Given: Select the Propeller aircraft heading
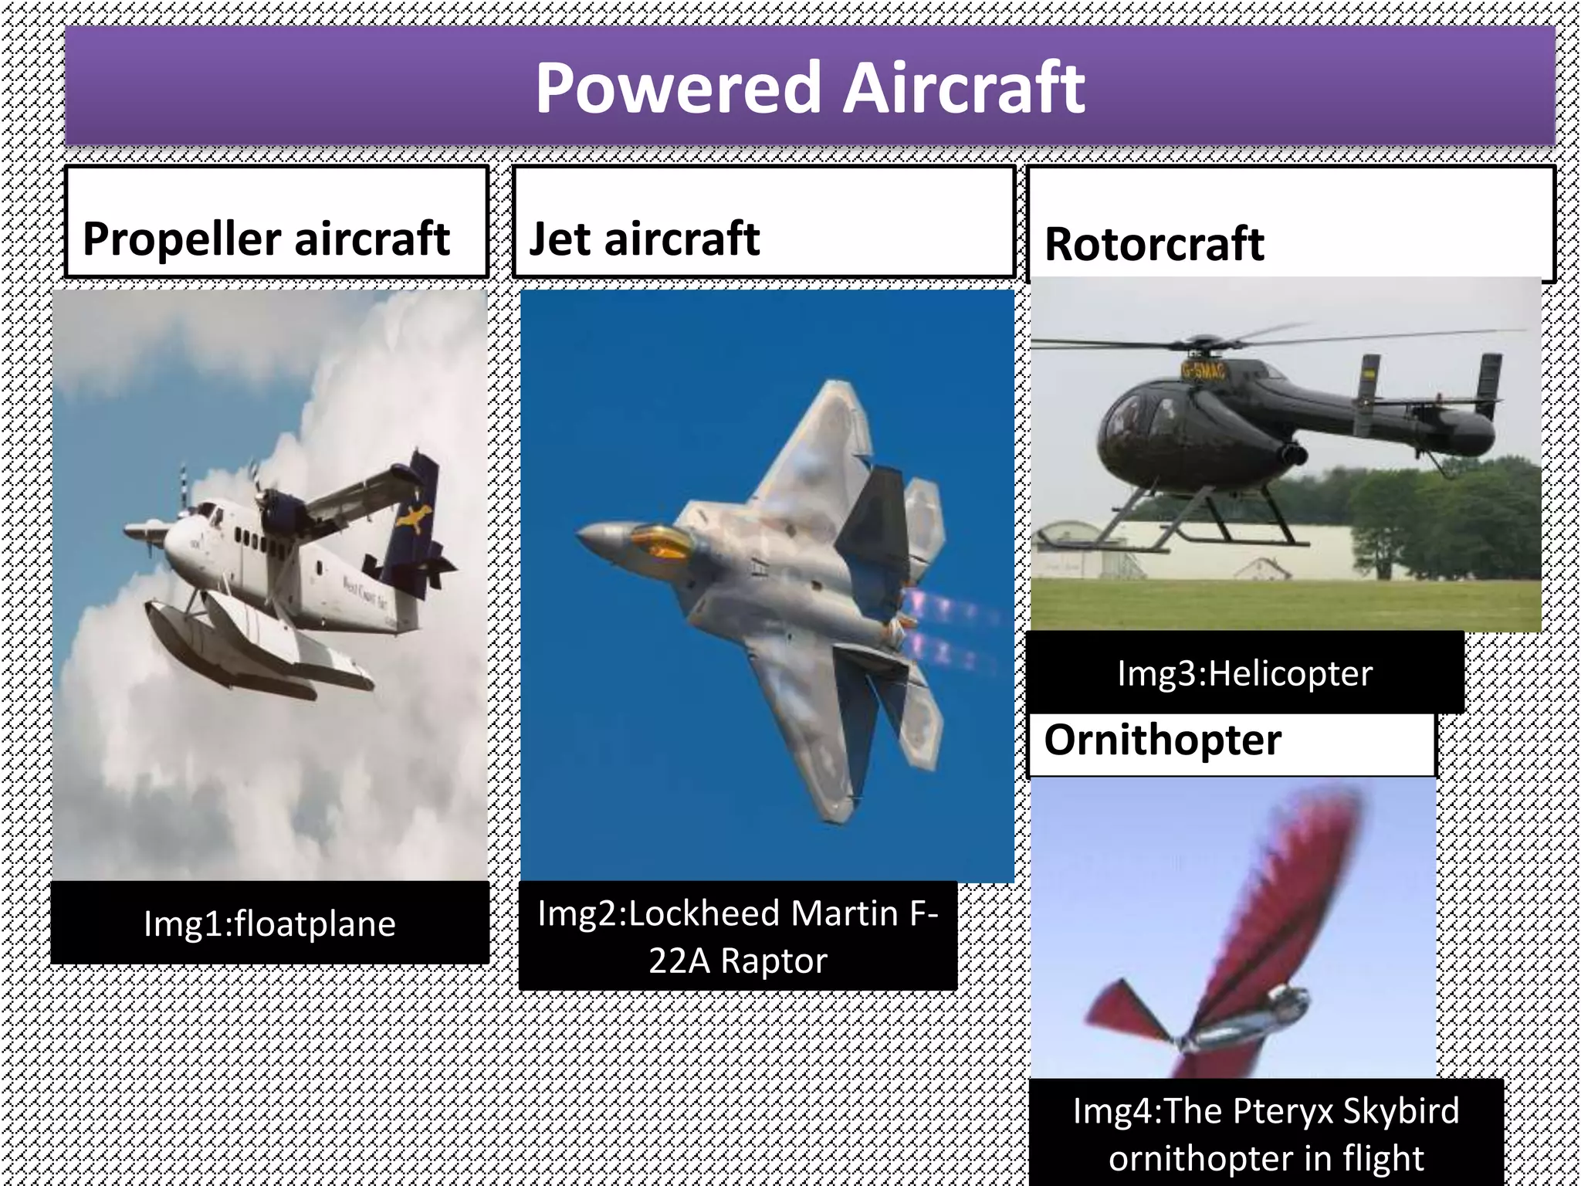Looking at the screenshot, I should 266,239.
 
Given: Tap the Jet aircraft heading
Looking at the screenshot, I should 645,239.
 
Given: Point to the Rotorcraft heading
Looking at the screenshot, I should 1154,245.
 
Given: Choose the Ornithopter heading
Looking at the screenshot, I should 1162,740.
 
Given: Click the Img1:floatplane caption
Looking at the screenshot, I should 269,923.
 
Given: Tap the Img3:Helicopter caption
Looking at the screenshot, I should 1244,673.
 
